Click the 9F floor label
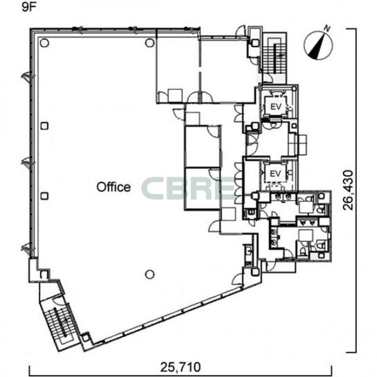(x=28, y=8)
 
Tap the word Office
(x=114, y=187)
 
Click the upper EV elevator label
(x=276, y=107)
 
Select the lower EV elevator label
(x=275, y=173)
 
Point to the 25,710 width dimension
(x=180, y=367)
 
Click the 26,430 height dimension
(x=348, y=190)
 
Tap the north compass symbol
(x=319, y=45)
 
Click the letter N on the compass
(x=327, y=28)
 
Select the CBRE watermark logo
(x=188, y=188)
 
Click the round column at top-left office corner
(x=44, y=43)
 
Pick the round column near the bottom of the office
(x=150, y=274)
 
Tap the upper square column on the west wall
(x=44, y=126)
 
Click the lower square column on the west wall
(x=44, y=196)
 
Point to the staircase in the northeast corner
(x=274, y=58)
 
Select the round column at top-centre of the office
(x=150, y=43)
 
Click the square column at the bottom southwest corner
(x=86, y=338)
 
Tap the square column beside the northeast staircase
(x=255, y=43)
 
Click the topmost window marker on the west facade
(x=28, y=78)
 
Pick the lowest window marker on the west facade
(x=27, y=249)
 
